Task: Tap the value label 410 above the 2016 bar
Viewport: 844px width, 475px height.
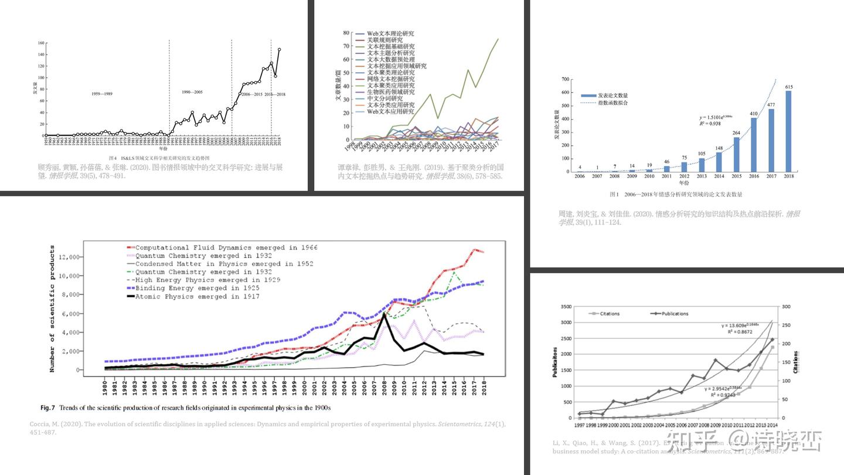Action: point(753,114)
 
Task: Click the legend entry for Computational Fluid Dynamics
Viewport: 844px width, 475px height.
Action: point(226,247)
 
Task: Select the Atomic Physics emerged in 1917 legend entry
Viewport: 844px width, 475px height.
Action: point(197,297)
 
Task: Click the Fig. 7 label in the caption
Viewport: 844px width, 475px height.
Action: point(47,408)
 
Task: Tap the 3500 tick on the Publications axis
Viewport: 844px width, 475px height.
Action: point(563,307)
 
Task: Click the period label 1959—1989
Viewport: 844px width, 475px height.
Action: point(102,94)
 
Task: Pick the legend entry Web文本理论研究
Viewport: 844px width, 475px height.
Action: point(390,34)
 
